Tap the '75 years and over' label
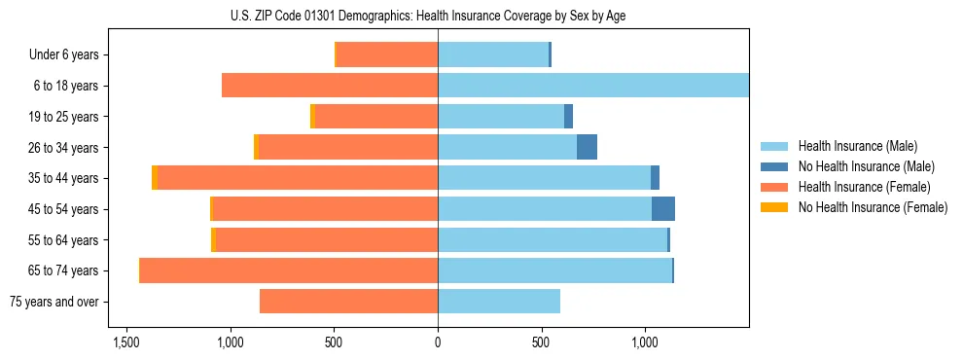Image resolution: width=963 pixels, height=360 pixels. [54, 302]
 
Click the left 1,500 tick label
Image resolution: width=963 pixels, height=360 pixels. [126, 342]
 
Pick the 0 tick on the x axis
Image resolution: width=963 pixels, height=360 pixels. [438, 342]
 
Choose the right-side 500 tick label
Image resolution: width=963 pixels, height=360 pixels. [542, 342]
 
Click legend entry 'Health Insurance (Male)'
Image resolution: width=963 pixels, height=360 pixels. [857, 146]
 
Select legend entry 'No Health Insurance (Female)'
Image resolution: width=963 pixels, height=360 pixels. [873, 207]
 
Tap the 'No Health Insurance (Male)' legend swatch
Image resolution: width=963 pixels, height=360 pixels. [776, 166]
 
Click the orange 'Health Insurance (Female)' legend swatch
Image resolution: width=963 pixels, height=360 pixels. [776, 187]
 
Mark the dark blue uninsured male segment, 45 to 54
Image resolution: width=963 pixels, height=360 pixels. [663, 208]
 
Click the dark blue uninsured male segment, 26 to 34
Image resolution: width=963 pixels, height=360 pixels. [587, 147]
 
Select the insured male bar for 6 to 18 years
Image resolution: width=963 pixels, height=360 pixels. [593, 86]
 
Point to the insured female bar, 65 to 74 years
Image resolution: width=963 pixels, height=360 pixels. [289, 270]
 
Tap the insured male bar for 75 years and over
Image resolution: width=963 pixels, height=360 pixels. [499, 302]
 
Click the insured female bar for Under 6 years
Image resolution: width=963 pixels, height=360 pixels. [387, 54]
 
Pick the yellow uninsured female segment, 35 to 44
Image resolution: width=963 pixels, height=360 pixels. [155, 178]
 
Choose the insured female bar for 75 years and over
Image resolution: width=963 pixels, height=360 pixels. [348, 302]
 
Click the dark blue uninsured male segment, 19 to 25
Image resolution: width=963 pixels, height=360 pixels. [569, 117]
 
